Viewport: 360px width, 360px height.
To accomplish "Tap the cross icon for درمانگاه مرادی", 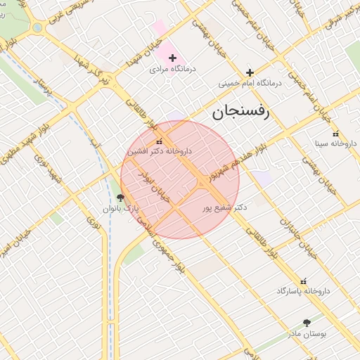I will click(x=172, y=57).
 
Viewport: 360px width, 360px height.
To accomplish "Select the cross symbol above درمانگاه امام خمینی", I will click(x=250, y=72).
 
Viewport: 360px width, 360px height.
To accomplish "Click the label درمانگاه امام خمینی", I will click(x=250, y=83).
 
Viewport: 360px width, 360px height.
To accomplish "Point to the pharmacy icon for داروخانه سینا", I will click(x=335, y=133).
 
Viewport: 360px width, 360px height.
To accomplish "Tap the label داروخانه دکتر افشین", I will click(x=160, y=151).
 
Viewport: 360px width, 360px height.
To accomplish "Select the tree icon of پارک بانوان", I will click(x=121, y=198).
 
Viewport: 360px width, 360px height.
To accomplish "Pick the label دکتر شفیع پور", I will click(x=224, y=207).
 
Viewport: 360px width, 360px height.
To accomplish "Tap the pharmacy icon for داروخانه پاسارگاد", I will click(x=304, y=280).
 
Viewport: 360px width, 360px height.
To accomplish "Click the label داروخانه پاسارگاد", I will click(x=303, y=290).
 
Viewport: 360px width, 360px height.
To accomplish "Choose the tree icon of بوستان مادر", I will click(x=306, y=323).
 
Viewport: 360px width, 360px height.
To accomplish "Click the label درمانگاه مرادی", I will click(x=172, y=70).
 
